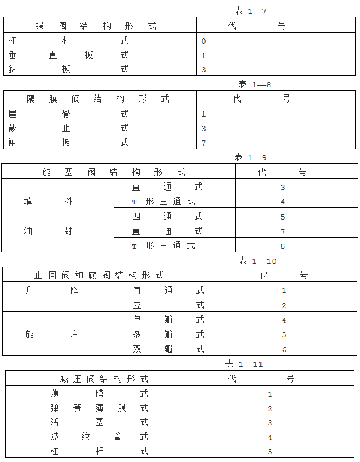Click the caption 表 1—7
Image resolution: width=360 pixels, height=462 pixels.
point(250,10)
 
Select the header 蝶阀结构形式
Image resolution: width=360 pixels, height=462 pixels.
point(96,26)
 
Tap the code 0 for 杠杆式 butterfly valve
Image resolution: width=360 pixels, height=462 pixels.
point(203,41)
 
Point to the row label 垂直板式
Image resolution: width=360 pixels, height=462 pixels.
point(68,55)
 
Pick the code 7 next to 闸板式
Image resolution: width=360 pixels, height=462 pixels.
point(203,143)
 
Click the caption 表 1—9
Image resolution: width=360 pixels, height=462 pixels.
point(250,157)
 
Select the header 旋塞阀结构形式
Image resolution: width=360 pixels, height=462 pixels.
point(114,172)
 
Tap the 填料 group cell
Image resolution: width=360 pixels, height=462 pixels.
point(48,202)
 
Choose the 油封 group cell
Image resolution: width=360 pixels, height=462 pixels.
point(48,231)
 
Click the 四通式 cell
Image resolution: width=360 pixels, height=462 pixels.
point(167,216)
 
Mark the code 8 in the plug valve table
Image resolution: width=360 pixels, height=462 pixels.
point(283,246)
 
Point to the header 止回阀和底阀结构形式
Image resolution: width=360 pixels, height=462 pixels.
point(98,275)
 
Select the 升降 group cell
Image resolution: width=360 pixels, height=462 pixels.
point(51,290)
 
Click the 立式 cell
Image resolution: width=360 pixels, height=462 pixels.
point(168,305)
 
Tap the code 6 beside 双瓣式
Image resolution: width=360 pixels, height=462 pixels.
point(284,350)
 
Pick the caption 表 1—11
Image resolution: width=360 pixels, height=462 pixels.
point(244,364)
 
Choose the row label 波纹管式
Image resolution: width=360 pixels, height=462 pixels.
point(99,436)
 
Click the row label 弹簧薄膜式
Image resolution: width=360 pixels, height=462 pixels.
point(99,408)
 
